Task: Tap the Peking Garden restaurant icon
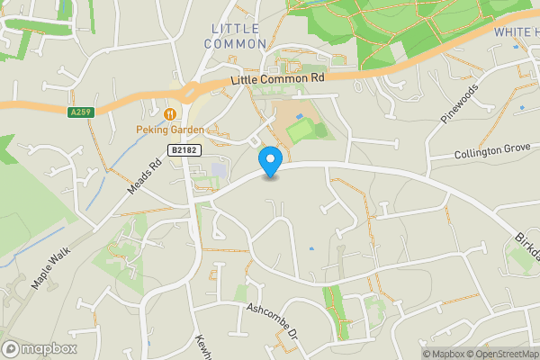pyautogui.click(x=170, y=114)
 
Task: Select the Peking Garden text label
pyautogui.click(x=170, y=130)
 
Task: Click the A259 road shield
pyautogui.click(x=79, y=112)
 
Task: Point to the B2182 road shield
pyautogui.click(x=183, y=150)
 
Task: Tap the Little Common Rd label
pyautogui.click(x=278, y=79)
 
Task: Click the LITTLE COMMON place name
pyautogui.click(x=238, y=36)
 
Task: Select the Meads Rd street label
pyautogui.click(x=149, y=167)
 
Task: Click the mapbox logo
pyautogui.click(x=40, y=348)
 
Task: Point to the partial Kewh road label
pyautogui.click(x=202, y=346)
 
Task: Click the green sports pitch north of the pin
pyautogui.click(x=301, y=131)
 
